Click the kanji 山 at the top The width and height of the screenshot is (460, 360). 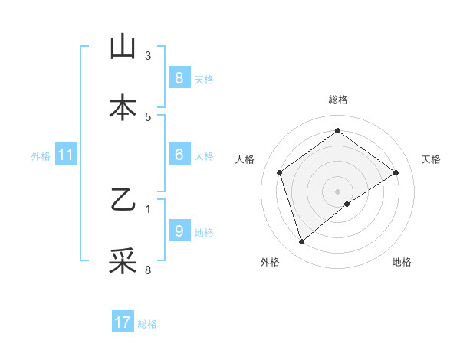[x=123, y=48]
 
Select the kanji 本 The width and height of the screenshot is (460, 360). [x=123, y=108]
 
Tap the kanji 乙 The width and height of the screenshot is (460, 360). [x=123, y=201]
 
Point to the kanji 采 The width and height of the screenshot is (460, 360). [x=123, y=261]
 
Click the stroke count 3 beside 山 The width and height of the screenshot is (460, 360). [x=148, y=56]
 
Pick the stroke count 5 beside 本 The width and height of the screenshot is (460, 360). [x=148, y=116]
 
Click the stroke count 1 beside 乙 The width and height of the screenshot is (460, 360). [x=148, y=208]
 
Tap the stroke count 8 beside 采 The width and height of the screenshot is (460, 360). [x=148, y=270]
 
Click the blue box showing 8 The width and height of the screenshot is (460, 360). [x=179, y=78]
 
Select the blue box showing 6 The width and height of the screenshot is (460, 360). [x=179, y=155]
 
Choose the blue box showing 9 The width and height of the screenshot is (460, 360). [x=179, y=231]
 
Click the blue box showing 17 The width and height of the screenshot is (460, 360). [x=123, y=322]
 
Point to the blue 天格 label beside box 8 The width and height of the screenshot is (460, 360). [x=204, y=79]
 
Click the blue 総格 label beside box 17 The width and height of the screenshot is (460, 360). [x=148, y=324]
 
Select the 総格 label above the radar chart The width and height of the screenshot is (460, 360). [x=337, y=100]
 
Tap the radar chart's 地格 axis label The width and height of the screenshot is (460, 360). [x=402, y=263]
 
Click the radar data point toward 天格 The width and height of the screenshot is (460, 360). [x=396, y=172]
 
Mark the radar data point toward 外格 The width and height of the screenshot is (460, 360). [x=301, y=242]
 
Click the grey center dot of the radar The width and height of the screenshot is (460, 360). [x=337, y=191]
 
